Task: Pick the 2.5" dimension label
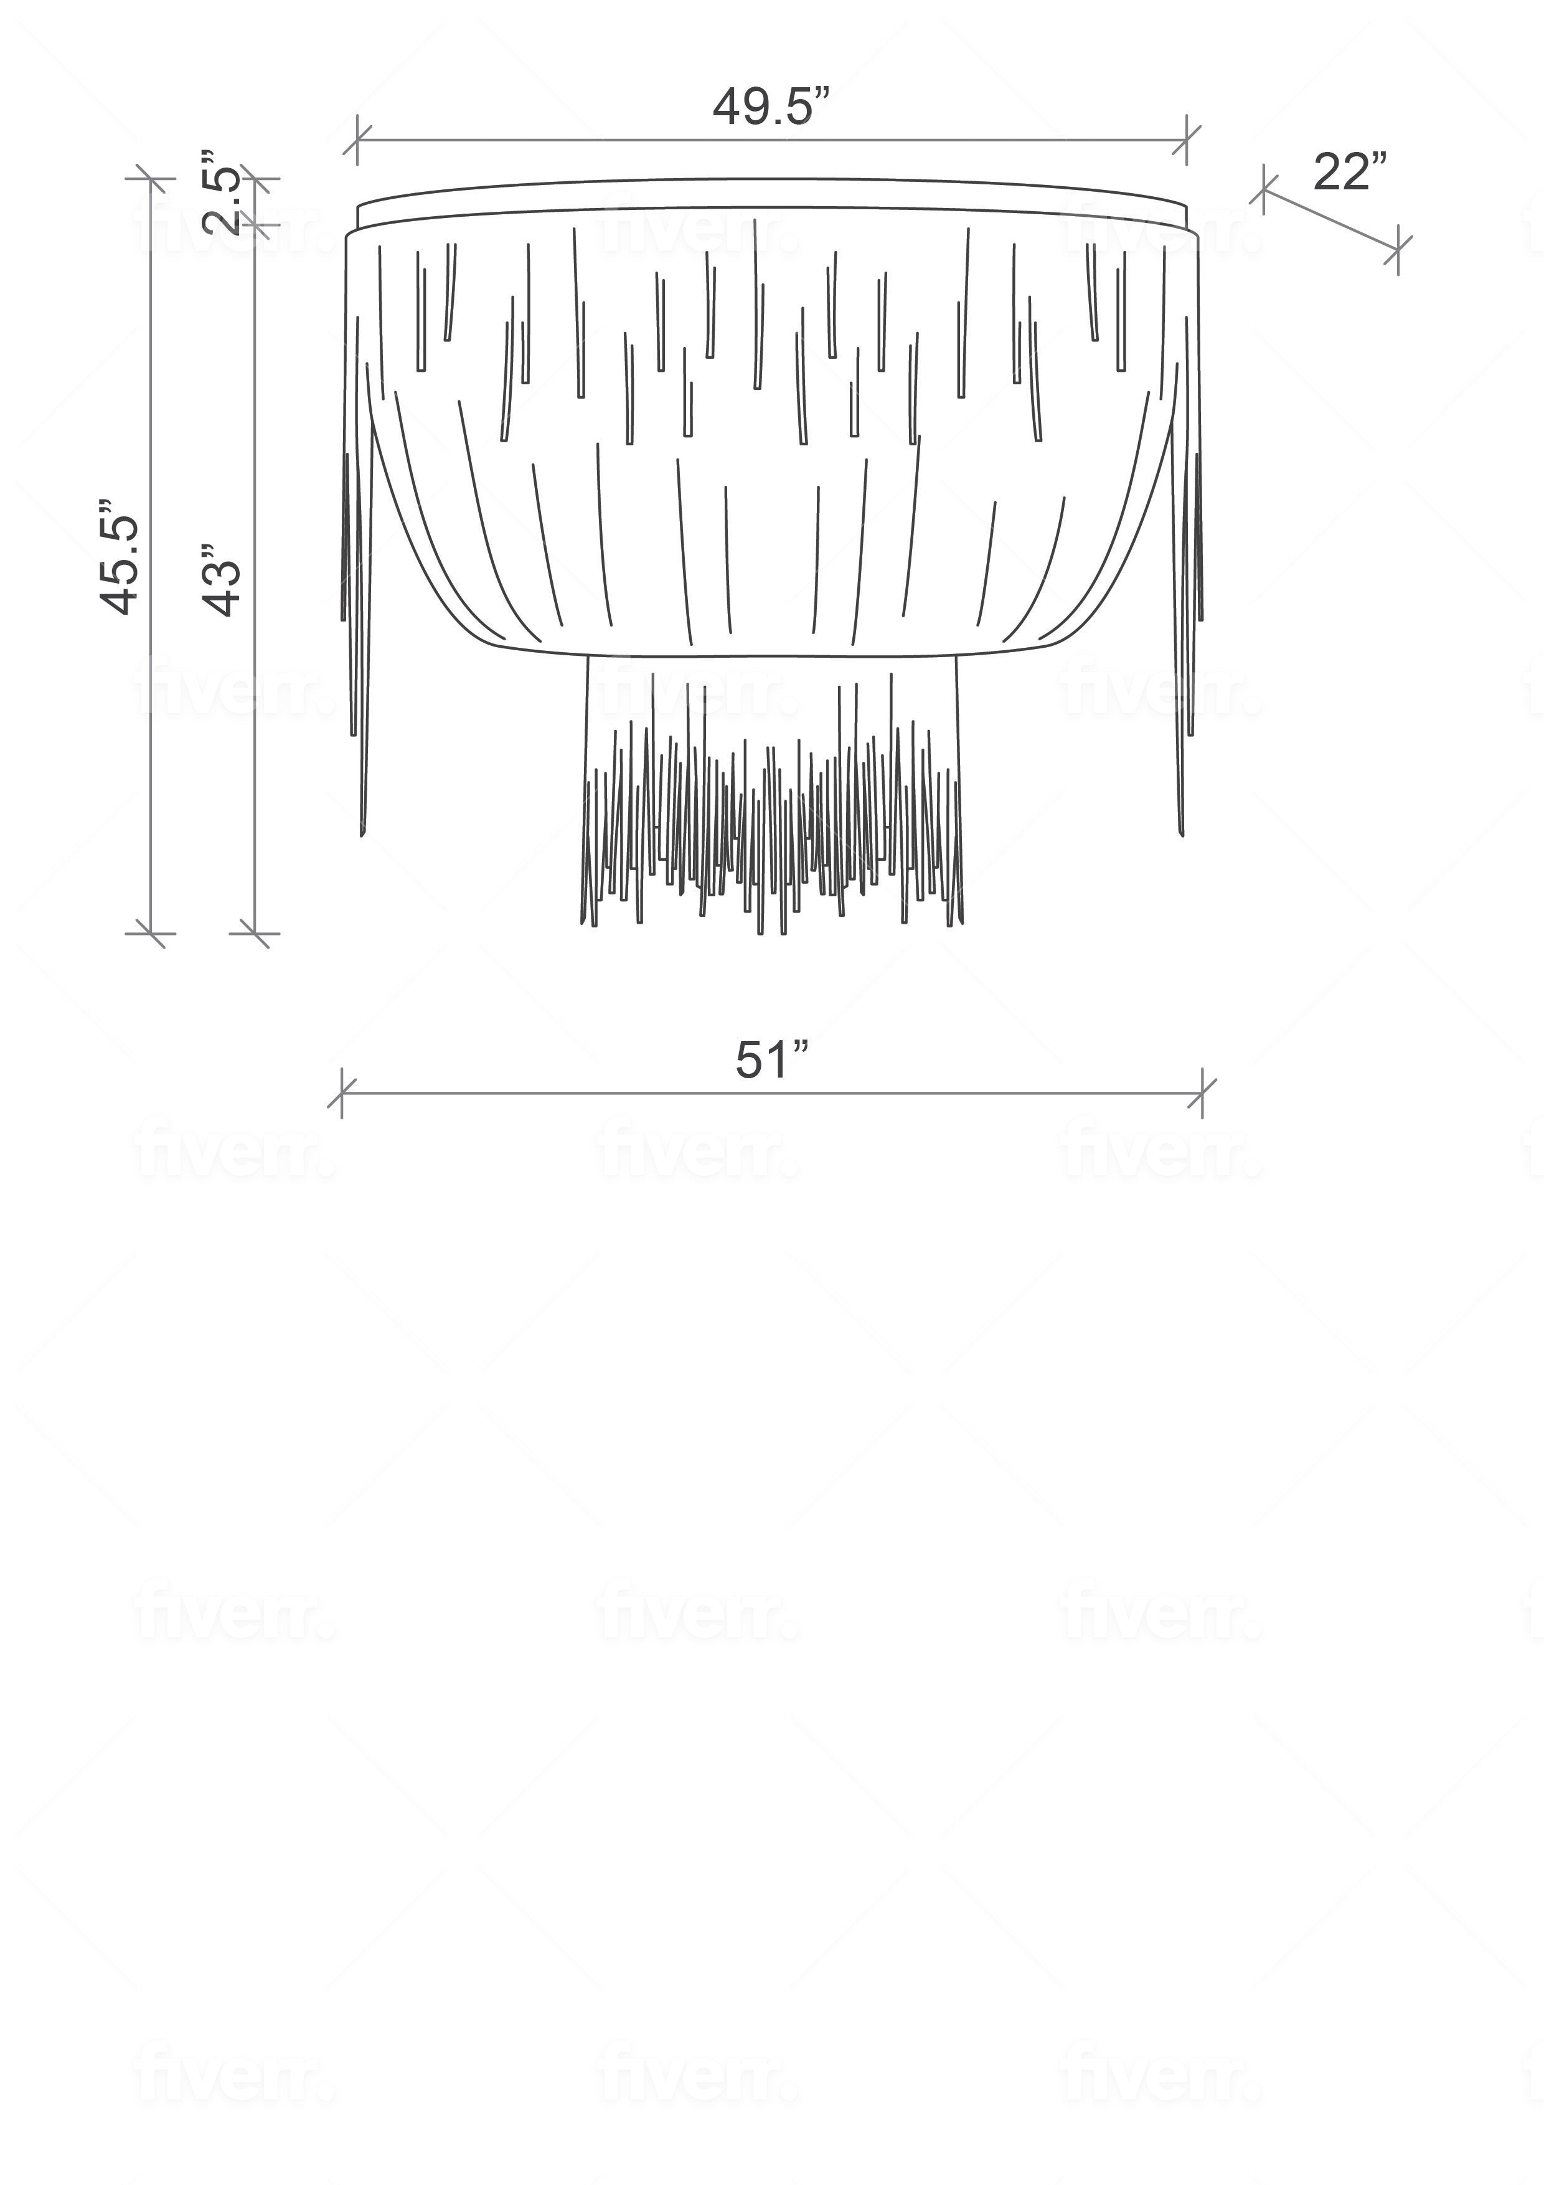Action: [x=221, y=193]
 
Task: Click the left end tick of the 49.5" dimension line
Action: [x=357, y=140]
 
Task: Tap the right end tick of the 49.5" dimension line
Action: [x=1187, y=140]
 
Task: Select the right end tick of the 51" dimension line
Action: [x=1202, y=1094]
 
